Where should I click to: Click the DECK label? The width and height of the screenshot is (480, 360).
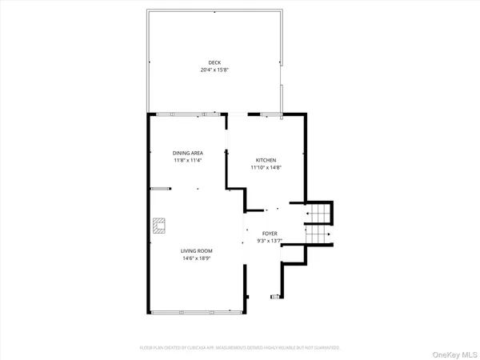(x=214, y=62)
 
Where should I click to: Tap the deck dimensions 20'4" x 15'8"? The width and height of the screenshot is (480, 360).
(x=214, y=70)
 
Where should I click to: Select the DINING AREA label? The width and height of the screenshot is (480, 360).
(x=188, y=153)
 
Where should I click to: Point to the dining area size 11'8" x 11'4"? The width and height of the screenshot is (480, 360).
(x=188, y=160)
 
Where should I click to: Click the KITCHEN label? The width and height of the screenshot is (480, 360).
(x=266, y=160)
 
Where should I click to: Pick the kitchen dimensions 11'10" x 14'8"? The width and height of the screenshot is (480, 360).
(x=266, y=167)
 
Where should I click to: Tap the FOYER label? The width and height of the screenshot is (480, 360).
(x=270, y=234)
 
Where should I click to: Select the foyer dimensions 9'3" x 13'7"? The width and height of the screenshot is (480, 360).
(x=270, y=241)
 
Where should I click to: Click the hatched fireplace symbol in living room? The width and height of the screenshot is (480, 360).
(x=160, y=225)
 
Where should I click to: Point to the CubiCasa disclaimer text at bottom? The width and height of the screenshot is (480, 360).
(x=240, y=348)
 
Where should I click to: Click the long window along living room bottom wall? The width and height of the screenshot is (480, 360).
(x=196, y=311)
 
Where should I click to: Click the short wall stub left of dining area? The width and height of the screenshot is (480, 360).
(x=161, y=189)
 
